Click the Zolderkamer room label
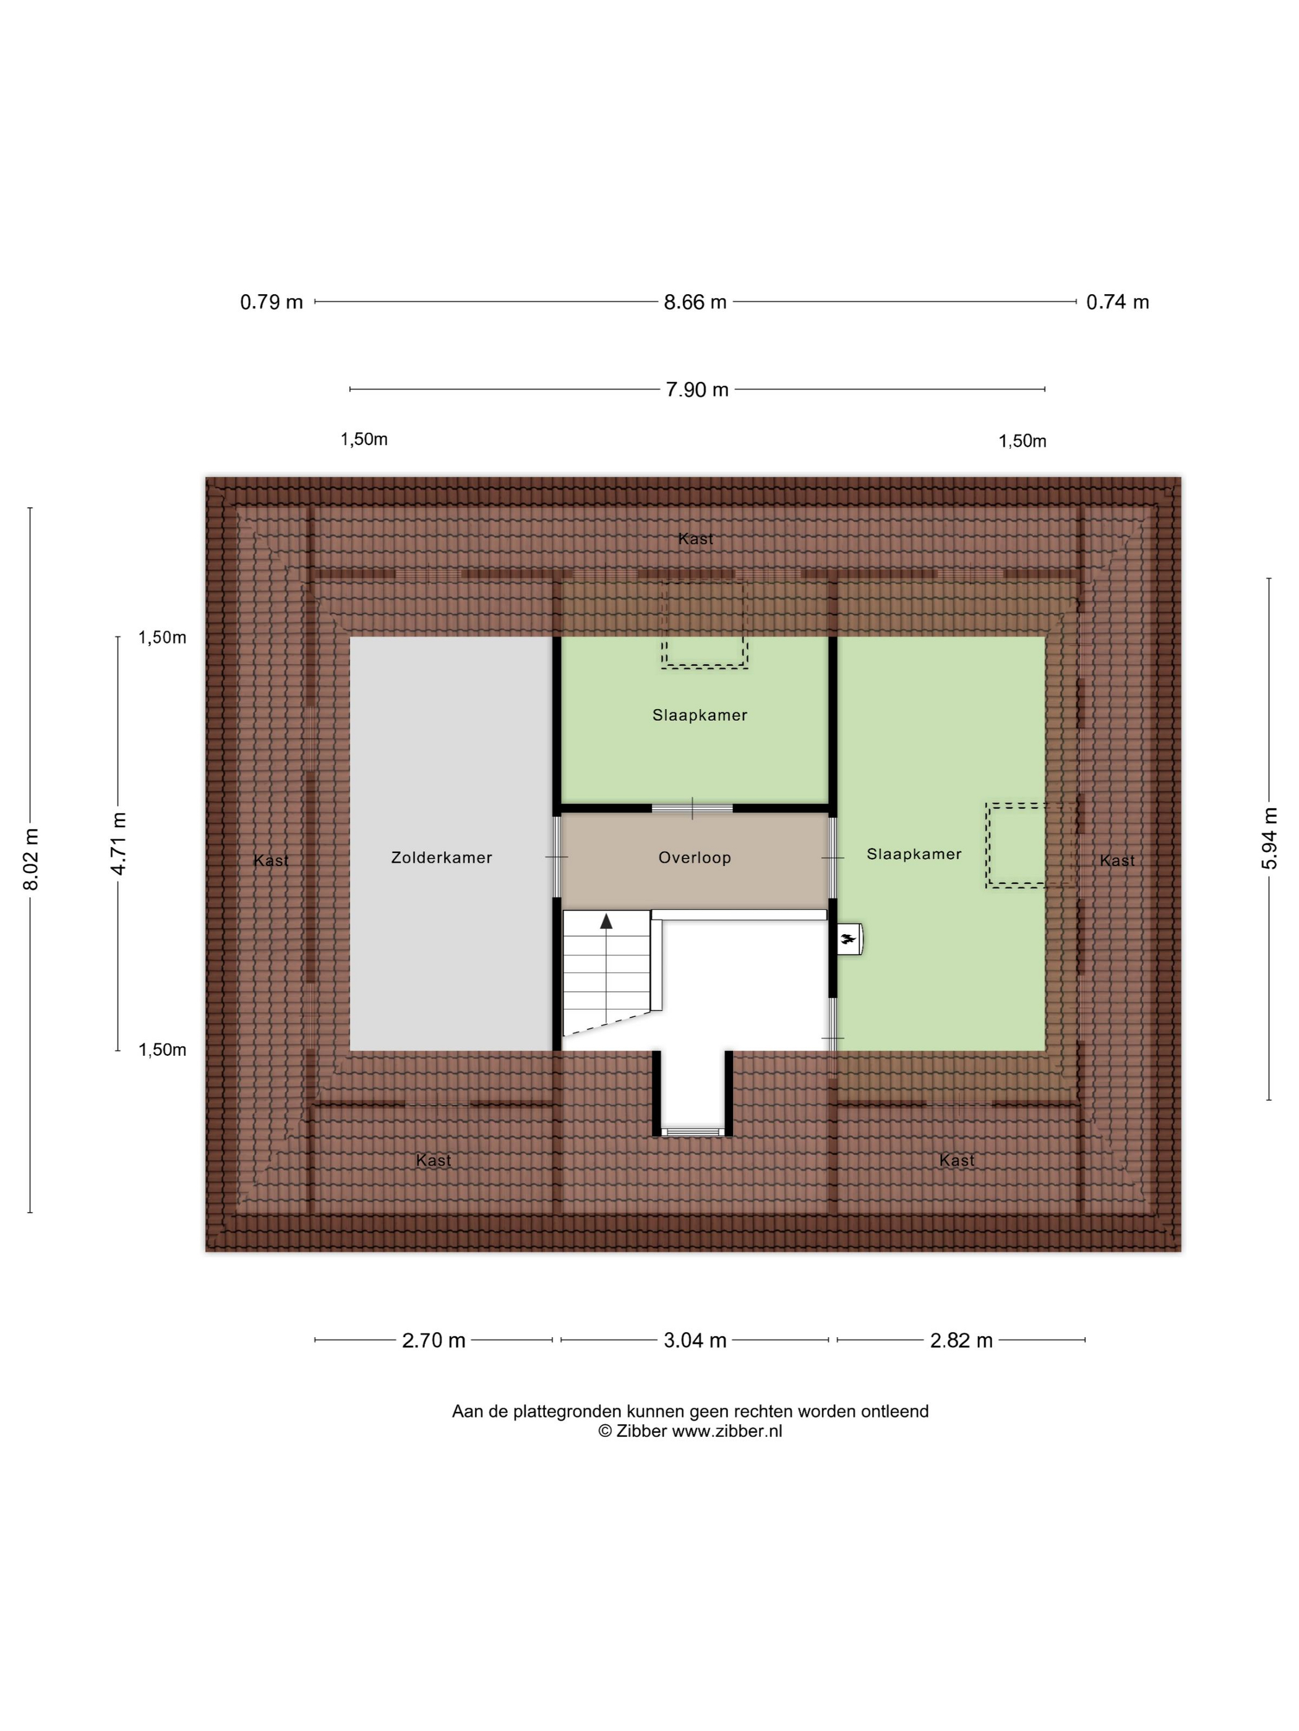coord(442,857)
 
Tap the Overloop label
coord(695,857)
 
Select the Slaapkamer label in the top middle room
coord(700,715)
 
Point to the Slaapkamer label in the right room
coord(914,854)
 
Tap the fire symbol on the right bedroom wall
coord(848,939)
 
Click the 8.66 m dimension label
coord(695,302)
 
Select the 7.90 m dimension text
coord(697,389)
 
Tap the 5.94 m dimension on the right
coord(1269,838)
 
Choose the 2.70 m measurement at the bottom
coord(434,1340)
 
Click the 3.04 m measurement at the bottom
coord(695,1340)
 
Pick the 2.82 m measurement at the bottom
coord(961,1340)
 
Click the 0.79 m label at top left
coord(272,302)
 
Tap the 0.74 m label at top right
coord(1117,302)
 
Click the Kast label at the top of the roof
coord(696,538)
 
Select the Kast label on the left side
coord(271,861)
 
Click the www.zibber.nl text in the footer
coord(727,1431)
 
